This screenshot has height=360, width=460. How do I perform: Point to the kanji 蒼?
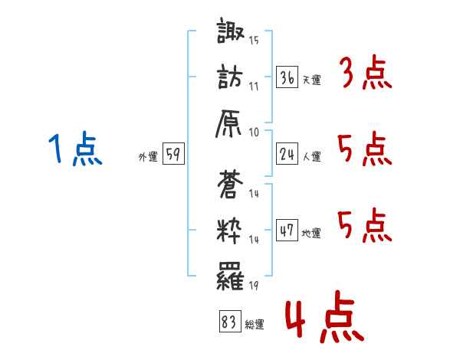232,186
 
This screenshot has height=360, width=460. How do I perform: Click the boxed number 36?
287,77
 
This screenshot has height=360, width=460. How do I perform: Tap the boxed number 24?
287,154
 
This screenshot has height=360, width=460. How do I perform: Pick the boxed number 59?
173,154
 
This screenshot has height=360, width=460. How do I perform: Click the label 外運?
147,156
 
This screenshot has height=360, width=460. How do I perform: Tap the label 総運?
254,325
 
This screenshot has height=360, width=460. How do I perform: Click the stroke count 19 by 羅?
254,286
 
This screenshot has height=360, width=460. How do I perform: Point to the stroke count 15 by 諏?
254,40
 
